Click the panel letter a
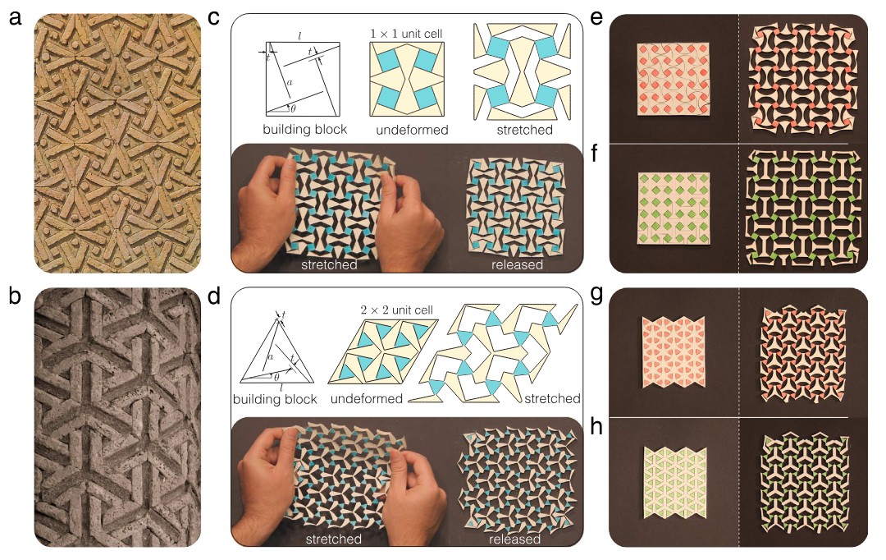(16, 17)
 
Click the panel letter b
(16, 296)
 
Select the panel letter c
(213, 17)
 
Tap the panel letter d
(213, 296)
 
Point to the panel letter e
(596, 17)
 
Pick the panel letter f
(595, 152)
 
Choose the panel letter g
(596, 296)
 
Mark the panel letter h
(596, 426)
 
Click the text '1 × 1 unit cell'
(406, 34)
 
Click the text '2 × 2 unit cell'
(397, 310)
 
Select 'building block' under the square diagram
(304, 129)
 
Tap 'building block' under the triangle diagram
(275, 399)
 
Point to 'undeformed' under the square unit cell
(412, 130)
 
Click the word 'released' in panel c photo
(517, 264)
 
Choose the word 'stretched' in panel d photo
(333, 539)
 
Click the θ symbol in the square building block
(293, 108)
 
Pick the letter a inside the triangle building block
(270, 356)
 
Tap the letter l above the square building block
(299, 36)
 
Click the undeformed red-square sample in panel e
(673, 79)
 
